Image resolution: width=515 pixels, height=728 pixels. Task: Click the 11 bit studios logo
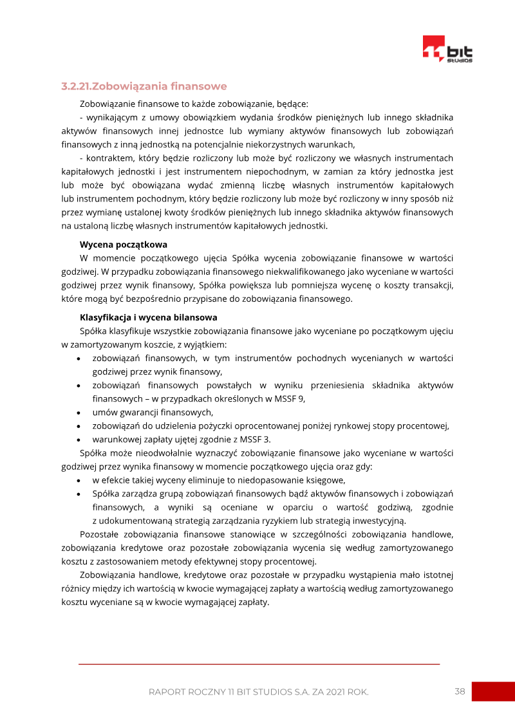(447, 50)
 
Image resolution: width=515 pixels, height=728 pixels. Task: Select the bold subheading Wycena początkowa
(123, 245)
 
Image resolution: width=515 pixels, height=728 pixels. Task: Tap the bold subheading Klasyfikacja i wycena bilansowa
(148, 317)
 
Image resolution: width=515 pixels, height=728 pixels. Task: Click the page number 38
(460, 691)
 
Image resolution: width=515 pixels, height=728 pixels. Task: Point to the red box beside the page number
(493, 691)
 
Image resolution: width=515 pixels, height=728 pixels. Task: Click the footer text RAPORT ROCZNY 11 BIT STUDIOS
(258, 692)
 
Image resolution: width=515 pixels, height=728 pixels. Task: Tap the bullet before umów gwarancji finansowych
(79, 413)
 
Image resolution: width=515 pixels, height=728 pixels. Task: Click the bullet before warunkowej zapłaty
(79, 440)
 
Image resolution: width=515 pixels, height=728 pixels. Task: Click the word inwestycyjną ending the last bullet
(380, 521)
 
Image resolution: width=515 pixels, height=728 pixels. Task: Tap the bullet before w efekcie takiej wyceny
(79, 480)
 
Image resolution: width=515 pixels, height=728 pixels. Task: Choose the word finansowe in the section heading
(198, 86)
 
